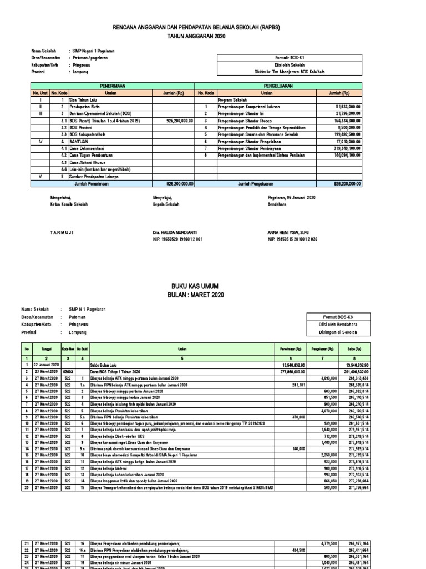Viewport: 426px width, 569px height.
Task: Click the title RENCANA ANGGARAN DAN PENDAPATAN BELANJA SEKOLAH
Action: click(x=212, y=27)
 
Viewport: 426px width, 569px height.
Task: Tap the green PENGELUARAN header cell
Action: click(x=278, y=87)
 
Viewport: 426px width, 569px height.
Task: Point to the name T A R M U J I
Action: click(x=62, y=232)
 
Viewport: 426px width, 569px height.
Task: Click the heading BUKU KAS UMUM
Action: click(x=212, y=285)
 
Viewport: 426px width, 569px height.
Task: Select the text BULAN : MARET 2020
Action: click(x=212, y=295)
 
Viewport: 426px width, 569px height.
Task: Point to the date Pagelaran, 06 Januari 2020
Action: click(x=291, y=197)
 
